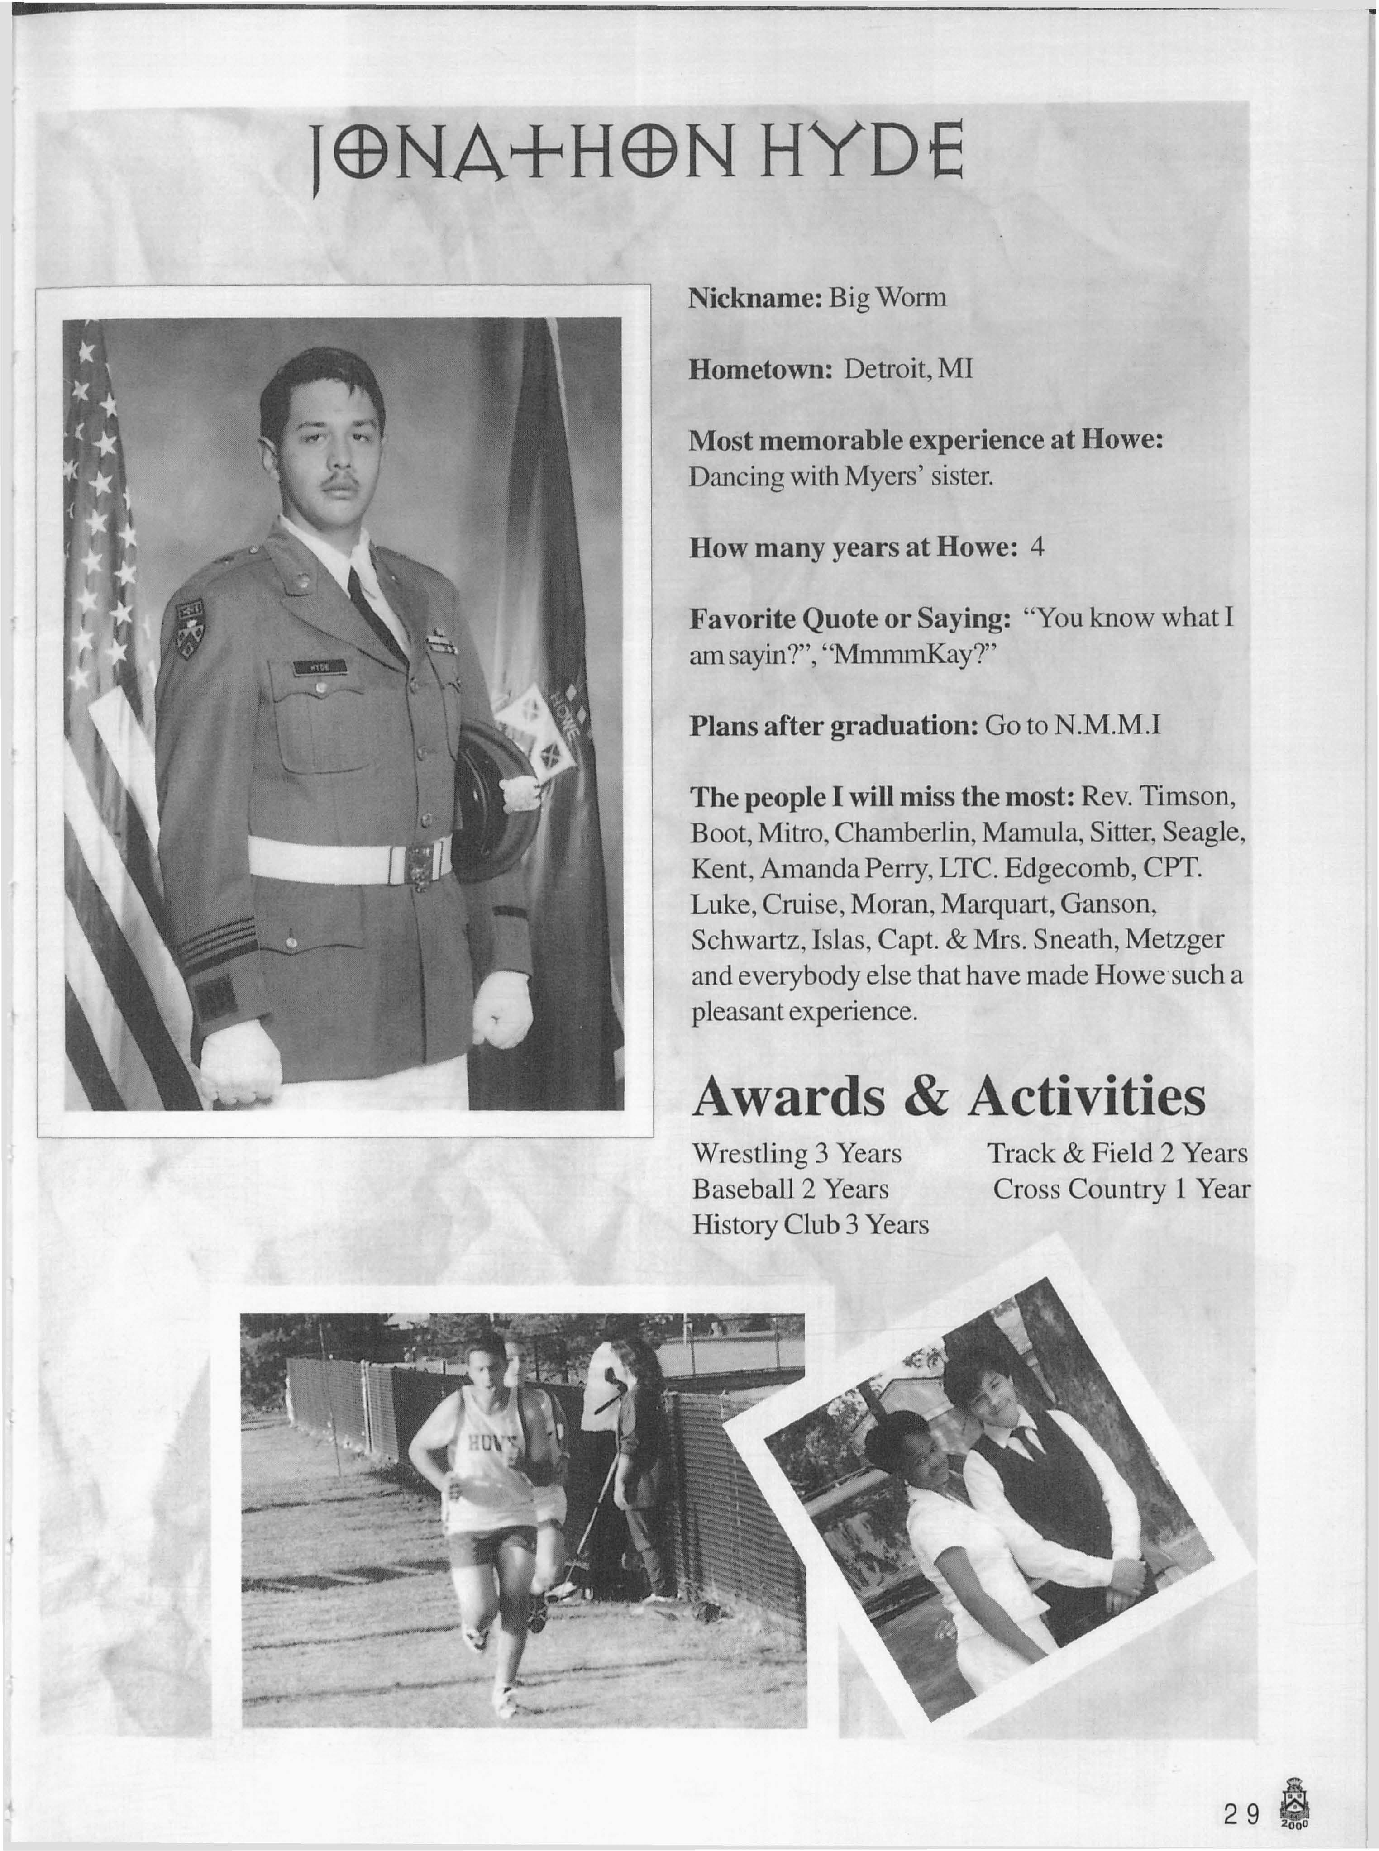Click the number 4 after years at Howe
click(x=1038, y=547)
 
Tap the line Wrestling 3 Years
click(x=797, y=1153)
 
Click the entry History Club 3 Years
click(x=810, y=1225)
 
